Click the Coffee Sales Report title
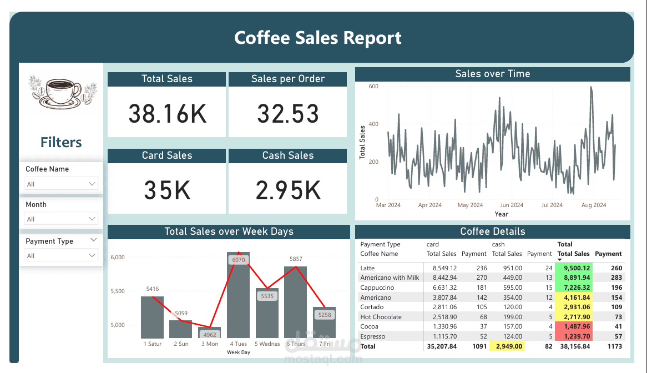coord(318,38)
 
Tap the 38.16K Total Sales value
coord(167,114)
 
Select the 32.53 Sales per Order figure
coord(288,114)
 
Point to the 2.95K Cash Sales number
coord(288,190)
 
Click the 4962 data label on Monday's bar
coord(210,335)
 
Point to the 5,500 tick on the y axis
coord(118,291)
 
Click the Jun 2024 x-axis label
coord(512,205)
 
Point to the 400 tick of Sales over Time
coord(373,124)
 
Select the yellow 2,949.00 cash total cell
coord(507,346)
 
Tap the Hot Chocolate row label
coord(381,317)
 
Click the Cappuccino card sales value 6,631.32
coord(441,288)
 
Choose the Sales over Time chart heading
coord(492,74)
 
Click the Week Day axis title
coord(239,352)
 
